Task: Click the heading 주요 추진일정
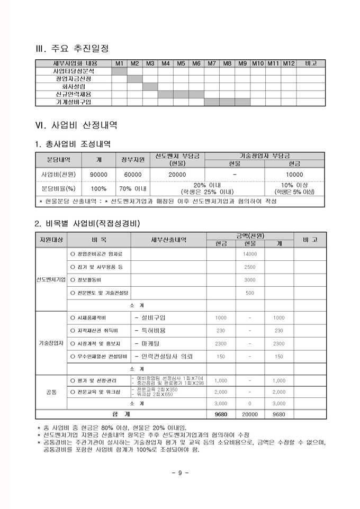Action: [x=79, y=49]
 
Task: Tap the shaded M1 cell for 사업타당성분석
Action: [x=120, y=71]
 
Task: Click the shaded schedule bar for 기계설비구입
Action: [x=227, y=102]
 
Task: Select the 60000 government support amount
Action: [x=133, y=174]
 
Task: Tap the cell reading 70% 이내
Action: [x=133, y=188]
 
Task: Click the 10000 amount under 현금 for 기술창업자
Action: [x=294, y=174]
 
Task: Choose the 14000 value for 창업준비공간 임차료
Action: [x=250, y=254]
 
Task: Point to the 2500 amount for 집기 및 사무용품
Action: [x=250, y=267]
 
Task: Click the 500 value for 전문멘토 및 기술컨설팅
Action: [x=250, y=293]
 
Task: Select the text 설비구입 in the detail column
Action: [x=153, y=317]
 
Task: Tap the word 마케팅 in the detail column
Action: [x=150, y=343]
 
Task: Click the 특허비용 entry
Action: [x=153, y=331]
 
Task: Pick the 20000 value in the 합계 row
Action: [x=250, y=414]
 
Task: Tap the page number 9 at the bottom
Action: [x=179, y=472]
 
